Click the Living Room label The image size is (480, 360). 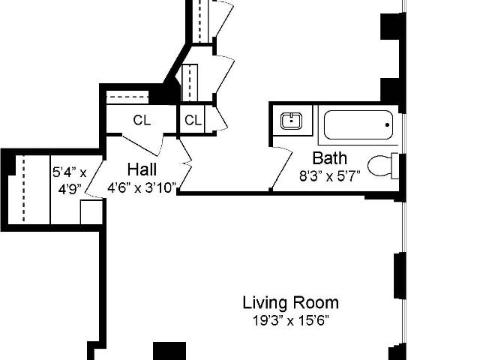tap(291, 303)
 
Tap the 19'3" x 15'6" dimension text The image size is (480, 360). tap(291, 321)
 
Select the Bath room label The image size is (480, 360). tap(330, 158)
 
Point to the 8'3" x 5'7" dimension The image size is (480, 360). tap(330, 176)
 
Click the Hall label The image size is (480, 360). tap(142, 169)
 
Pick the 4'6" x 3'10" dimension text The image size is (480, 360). tap(142, 187)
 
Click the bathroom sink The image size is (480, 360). tap(292, 121)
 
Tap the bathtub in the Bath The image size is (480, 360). tap(358, 125)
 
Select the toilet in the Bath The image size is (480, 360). tap(383, 166)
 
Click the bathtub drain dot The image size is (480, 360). tap(387, 125)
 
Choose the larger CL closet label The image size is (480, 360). tap(142, 120)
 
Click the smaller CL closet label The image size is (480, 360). tap(193, 120)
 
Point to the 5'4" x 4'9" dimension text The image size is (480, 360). tap(70, 181)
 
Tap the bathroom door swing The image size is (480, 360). tap(282, 168)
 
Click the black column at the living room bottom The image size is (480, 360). tap(169, 351)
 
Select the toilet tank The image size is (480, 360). tap(395, 166)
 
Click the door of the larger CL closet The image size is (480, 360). tap(142, 145)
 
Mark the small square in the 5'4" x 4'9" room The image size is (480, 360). tap(91, 212)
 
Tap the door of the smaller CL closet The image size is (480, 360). tap(220, 119)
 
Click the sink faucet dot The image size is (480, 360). tap(292, 121)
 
